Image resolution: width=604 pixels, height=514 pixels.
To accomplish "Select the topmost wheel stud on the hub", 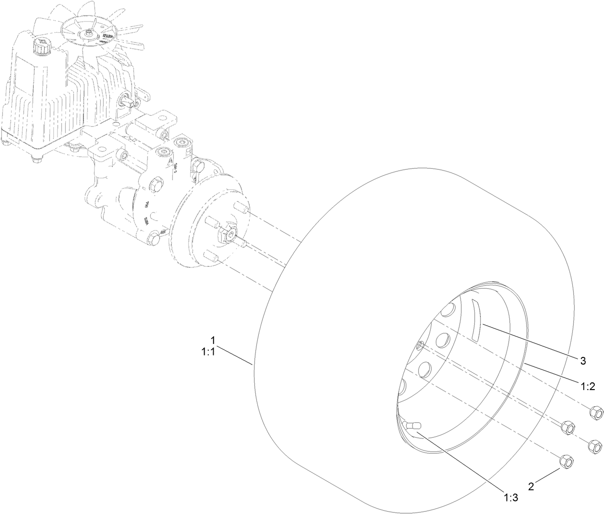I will coord(242,210).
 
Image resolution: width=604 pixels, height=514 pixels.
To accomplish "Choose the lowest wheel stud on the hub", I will coord(211,256).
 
